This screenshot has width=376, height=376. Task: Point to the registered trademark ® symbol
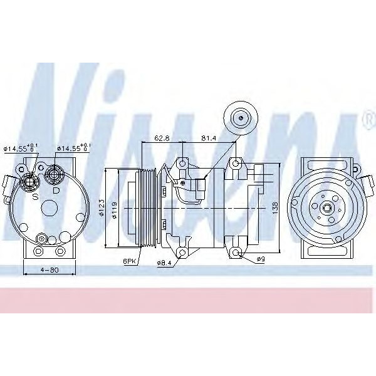pyautogui.click(x=367, y=117)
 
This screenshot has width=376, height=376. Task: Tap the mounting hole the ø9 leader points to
pyautogui.click(x=237, y=253)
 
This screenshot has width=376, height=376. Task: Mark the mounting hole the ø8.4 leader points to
pyautogui.click(x=182, y=253)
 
